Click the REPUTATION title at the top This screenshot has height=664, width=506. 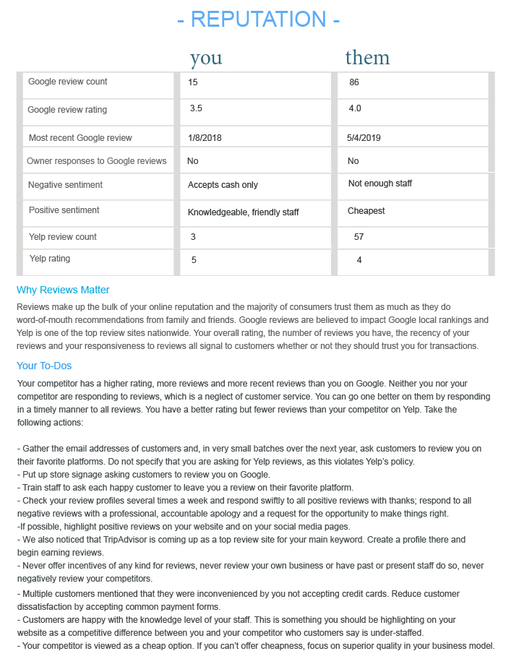(x=258, y=20)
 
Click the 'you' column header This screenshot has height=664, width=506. (x=206, y=58)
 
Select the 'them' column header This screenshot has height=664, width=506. (x=367, y=57)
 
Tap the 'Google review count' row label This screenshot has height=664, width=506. (x=68, y=82)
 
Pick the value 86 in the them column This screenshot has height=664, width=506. (x=354, y=83)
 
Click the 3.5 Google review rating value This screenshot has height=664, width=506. (x=196, y=109)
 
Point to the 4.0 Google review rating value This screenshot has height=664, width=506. (x=355, y=109)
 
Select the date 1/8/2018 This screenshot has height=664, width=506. (x=205, y=138)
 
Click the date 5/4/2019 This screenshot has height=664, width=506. (x=364, y=138)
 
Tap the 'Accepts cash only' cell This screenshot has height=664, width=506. (x=223, y=185)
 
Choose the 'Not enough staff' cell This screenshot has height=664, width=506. (x=380, y=184)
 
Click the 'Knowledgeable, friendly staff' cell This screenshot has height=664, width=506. (x=244, y=212)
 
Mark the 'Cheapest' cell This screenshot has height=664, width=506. (x=366, y=211)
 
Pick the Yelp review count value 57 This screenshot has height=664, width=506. (x=359, y=237)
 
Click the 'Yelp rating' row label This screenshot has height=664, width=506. (x=50, y=259)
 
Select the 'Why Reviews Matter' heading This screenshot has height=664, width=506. (x=63, y=290)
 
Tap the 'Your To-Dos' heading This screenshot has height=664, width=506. (x=44, y=366)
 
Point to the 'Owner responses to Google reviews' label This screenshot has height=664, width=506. (x=97, y=161)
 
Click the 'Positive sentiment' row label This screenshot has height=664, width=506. (x=64, y=210)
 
